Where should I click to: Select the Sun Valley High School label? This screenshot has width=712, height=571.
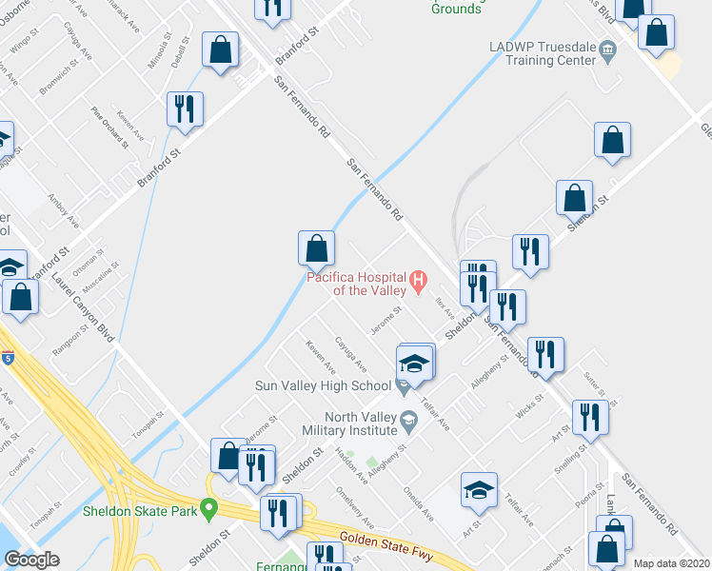coord(323,385)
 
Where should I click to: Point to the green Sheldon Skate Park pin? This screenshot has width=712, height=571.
coord(209,507)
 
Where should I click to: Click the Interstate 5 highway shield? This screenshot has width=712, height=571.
coord(8,359)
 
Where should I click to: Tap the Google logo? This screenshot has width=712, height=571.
coord(30,559)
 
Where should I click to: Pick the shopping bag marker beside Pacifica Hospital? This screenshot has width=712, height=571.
coord(317,248)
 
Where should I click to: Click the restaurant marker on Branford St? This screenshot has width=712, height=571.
coord(185,109)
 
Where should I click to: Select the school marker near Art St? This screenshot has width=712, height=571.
coord(479,490)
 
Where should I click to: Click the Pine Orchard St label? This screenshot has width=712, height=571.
coord(110,128)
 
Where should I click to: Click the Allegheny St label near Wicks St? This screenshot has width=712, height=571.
coord(490,372)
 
